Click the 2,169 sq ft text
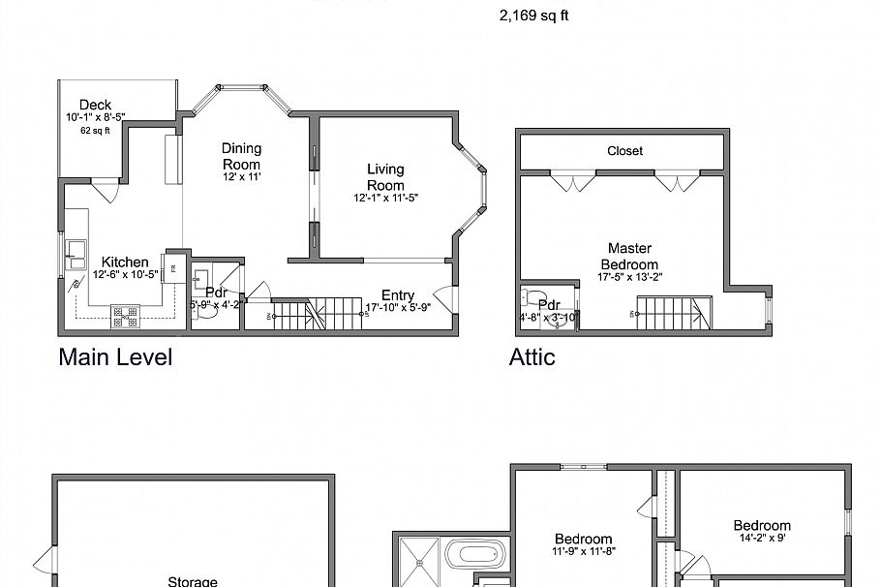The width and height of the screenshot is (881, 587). click(x=533, y=15)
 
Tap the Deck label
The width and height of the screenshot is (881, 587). click(x=95, y=105)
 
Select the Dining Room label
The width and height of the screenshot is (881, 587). click(x=241, y=156)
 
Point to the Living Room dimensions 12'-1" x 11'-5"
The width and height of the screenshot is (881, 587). click(x=385, y=198)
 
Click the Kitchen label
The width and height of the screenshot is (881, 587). click(x=125, y=262)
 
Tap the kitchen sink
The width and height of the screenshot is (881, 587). click(x=76, y=259)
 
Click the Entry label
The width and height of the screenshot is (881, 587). click(x=397, y=295)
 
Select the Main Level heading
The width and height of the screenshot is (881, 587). click(x=115, y=356)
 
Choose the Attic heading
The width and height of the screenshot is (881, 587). click(x=532, y=356)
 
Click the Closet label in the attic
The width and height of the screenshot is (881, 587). click(x=624, y=151)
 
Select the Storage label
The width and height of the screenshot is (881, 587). click(x=192, y=581)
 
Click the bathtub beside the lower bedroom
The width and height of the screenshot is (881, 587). click(x=476, y=557)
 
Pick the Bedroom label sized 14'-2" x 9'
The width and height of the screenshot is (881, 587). click(x=762, y=525)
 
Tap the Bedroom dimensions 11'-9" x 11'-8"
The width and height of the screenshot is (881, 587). click(x=583, y=552)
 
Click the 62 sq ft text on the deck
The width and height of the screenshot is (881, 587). click(x=95, y=130)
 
